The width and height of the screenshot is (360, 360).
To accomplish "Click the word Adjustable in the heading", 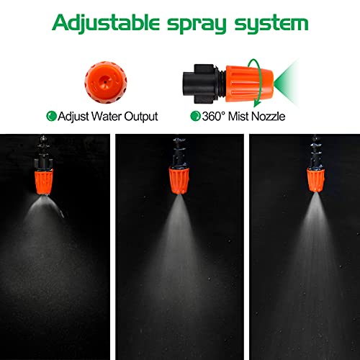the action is [x=106, y=23].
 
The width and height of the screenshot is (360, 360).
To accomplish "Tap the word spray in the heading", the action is [x=197, y=24].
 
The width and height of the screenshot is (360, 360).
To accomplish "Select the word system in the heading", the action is [x=271, y=24].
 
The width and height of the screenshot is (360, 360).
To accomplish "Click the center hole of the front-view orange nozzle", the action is [x=105, y=82].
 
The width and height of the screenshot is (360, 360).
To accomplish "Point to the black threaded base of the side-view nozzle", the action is [x=204, y=84].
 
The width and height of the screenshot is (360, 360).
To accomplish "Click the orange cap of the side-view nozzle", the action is [x=249, y=84].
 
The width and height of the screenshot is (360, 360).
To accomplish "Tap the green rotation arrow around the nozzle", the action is [x=258, y=83].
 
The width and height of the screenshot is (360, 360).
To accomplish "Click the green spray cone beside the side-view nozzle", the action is [x=286, y=84].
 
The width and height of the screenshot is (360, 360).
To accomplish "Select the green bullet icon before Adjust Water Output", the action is [x=51, y=116].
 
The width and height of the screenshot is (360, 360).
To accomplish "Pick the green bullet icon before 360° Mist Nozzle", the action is [x=195, y=116].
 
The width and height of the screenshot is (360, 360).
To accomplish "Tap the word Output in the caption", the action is [x=141, y=117].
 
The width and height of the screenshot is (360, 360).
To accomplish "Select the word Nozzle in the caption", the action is [x=269, y=116].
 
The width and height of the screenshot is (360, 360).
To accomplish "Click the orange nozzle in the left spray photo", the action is [x=43, y=182].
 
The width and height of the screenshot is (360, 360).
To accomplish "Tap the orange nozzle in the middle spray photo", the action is [x=179, y=181].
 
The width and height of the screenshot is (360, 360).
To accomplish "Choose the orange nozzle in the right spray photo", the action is [x=315, y=180].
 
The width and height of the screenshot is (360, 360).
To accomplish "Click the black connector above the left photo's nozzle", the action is [x=43, y=153].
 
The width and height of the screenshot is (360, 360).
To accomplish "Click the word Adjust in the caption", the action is [x=73, y=117].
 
